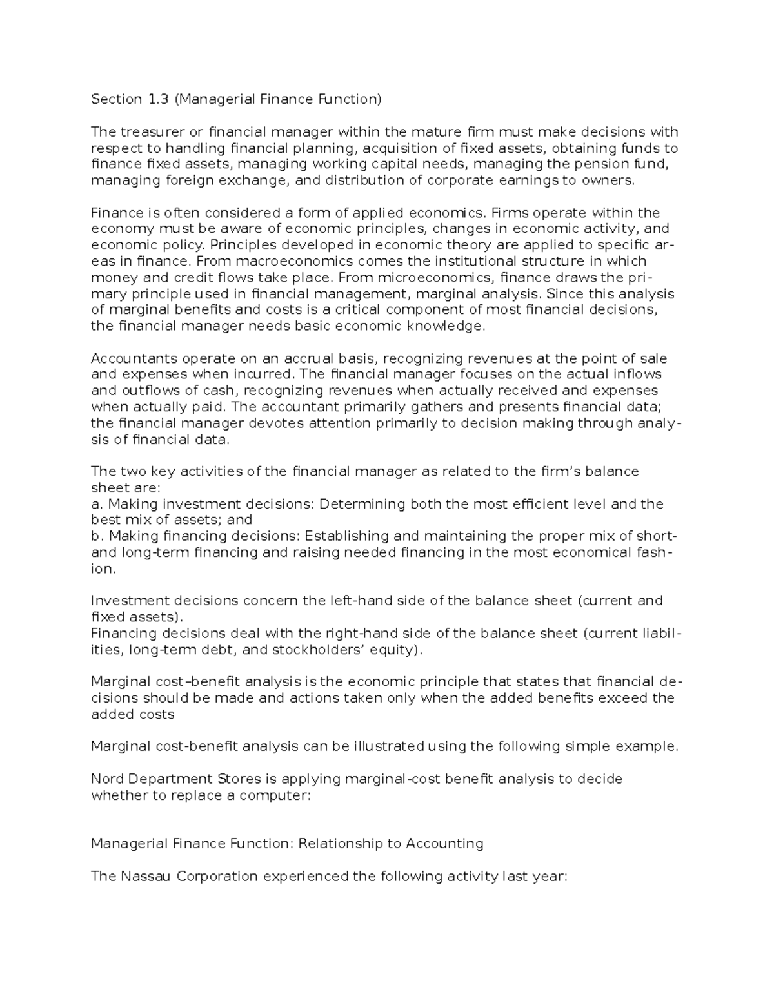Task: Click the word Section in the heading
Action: (116, 99)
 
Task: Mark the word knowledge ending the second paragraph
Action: (444, 326)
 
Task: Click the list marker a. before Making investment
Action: (97, 504)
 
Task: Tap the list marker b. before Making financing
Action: (97, 536)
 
